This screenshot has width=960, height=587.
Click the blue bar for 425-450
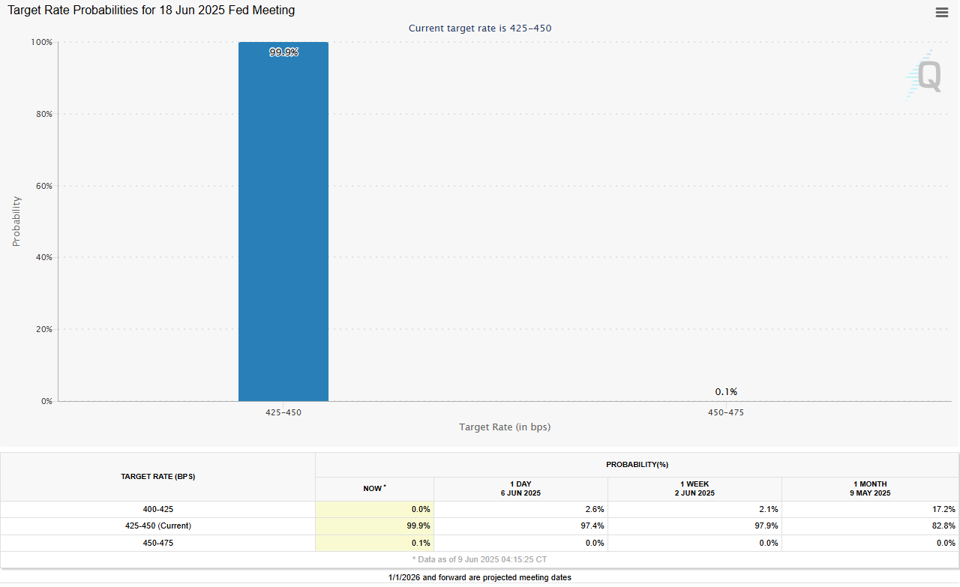point(283,225)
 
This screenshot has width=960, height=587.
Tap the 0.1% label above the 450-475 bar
point(726,391)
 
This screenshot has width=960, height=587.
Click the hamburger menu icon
point(942,12)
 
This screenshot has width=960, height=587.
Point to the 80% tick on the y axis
point(43,114)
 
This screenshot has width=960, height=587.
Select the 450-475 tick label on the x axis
point(726,412)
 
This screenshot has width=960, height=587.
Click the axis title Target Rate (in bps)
point(505,427)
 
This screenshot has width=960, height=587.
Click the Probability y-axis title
point(16,221)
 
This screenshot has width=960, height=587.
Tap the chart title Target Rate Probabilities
point(151,10)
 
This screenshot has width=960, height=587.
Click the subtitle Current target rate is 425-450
point(480,28)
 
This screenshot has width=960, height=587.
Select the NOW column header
point(374,489)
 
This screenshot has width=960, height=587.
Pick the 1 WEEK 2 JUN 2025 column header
point(694,489)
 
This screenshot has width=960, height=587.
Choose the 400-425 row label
point(158,509)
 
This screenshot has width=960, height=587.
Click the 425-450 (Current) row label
point(158,526)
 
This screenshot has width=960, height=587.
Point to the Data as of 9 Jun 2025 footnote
point(480,559)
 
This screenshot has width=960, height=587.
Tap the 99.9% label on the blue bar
point(283,52)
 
